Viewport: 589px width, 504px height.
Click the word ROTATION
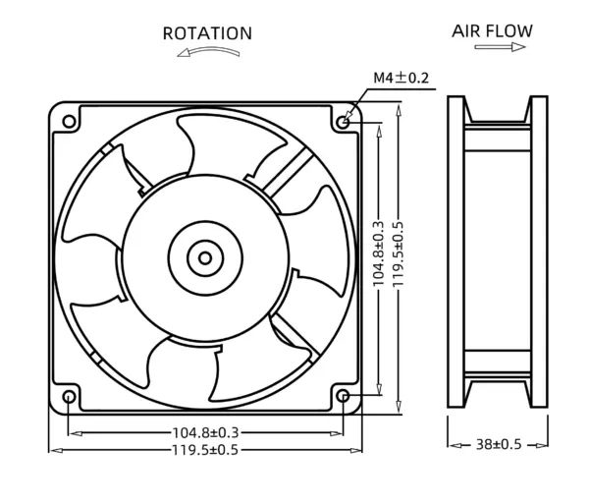click(207, 33)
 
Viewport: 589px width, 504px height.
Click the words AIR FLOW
click(492, 30)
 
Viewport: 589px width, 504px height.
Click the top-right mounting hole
click(343, 121)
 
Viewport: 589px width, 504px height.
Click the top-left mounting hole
click(69, 121)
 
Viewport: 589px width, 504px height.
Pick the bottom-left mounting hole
click(69, 396)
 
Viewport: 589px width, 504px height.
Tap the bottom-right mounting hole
click(343, 396)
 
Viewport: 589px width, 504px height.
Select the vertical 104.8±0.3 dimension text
click(379, 258)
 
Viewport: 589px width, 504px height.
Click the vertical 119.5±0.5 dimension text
click(398, 258)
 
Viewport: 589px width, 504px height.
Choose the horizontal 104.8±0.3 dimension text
click(206, 432)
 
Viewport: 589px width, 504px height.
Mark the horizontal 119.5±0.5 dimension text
click(206, 450)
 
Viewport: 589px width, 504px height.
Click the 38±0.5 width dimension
click(498, 444)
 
